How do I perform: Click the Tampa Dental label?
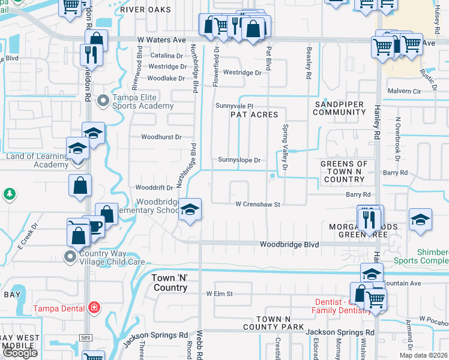tap(65, 308)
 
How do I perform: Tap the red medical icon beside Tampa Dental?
tap(94, 308)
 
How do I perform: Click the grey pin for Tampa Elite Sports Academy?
tap(103, 101)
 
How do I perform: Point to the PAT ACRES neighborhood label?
tap(255, 115)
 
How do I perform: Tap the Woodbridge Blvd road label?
tap(289, 244)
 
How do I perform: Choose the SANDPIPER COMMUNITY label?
tap(339, 108)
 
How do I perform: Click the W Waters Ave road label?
tap(161, 40)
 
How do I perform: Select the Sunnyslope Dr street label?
tap(239, 160)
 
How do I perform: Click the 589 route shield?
tap(86, 338)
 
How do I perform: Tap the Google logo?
tap(20, 353)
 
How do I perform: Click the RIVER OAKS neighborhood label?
tap(145, 10)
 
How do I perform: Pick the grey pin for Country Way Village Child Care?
tap(70, 257)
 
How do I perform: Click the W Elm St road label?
tap(219, 294)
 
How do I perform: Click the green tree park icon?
tap(9, 194)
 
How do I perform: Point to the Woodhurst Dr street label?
tap(161, 137)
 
